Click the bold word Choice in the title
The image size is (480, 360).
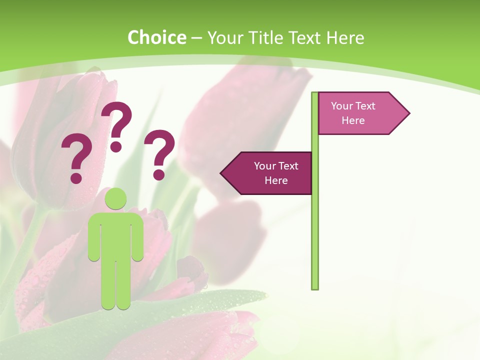[156, 37]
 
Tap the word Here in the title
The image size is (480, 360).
[345, 37]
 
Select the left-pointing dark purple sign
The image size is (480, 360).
[270, 173]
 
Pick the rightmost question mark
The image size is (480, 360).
[159, 152]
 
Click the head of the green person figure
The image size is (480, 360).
[115, 198]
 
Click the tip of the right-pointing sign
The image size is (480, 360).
[407, 113]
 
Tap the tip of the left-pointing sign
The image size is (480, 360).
[223, 173]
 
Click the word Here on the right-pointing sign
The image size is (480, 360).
[353, 120]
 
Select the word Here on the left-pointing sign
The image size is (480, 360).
[276, 180]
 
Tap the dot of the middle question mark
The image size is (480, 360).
[116, 146]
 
